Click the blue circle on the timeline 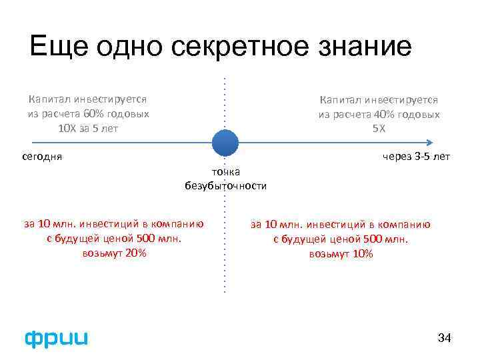coord(225,142)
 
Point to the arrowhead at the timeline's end coord(430,142)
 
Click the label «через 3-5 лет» coord(417,157)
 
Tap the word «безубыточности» coord(226,186)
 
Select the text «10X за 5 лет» coord(88,128)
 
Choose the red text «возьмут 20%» coord(115,253)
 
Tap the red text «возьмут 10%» coord(341,254)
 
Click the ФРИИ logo coord(56,338)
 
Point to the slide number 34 coord(444,339)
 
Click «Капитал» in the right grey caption coord(342,99)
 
